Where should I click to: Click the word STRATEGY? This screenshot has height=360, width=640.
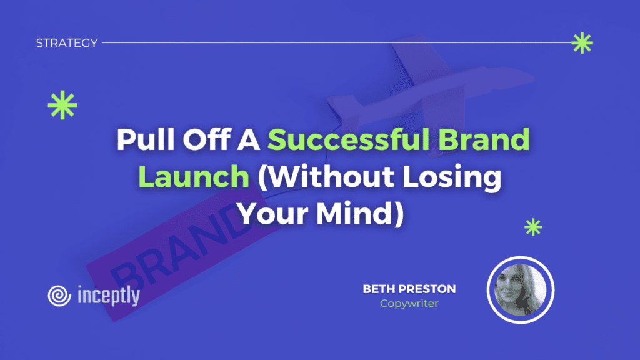tap(67, 43)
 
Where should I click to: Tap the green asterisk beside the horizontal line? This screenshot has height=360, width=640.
tap(582, 43)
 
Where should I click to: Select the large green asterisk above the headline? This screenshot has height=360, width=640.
tap(62, 105)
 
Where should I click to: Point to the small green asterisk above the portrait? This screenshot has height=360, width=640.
tap(533, 227)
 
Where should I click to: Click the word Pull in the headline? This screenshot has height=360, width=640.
tap(146, 139)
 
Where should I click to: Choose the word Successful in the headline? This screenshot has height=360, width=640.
tap(348, 139)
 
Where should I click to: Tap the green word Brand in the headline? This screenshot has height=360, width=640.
tap(484, 139)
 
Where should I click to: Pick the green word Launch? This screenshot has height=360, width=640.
tap(194, 176)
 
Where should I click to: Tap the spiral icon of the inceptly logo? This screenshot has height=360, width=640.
tap(59, 296)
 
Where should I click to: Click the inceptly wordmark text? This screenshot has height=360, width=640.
tap(109, 296)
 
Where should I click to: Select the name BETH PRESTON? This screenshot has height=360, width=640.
tap(409, 289)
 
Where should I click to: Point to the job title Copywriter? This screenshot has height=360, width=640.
tap(409, 304)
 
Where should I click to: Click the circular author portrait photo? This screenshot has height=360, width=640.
tap(521, 290)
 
